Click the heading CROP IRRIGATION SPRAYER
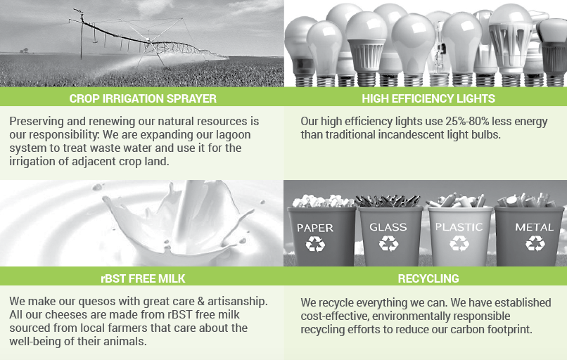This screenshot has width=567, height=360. click(x=143, y=98)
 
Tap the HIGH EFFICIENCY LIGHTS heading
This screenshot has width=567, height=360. click(x=428, y=98)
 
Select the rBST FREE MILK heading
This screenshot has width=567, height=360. click(x=143, y=278)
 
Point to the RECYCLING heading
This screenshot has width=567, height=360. click(x=428, y=278)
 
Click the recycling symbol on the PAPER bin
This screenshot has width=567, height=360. click(x=315, y=244)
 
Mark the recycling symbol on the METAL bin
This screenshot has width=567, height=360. click(x=535, y=243)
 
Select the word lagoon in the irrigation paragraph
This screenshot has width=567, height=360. click(x=234, y=135)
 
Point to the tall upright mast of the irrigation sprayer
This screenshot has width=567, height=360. click(x=82, y=35)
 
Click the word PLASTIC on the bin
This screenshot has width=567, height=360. click(x=459, y=227)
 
